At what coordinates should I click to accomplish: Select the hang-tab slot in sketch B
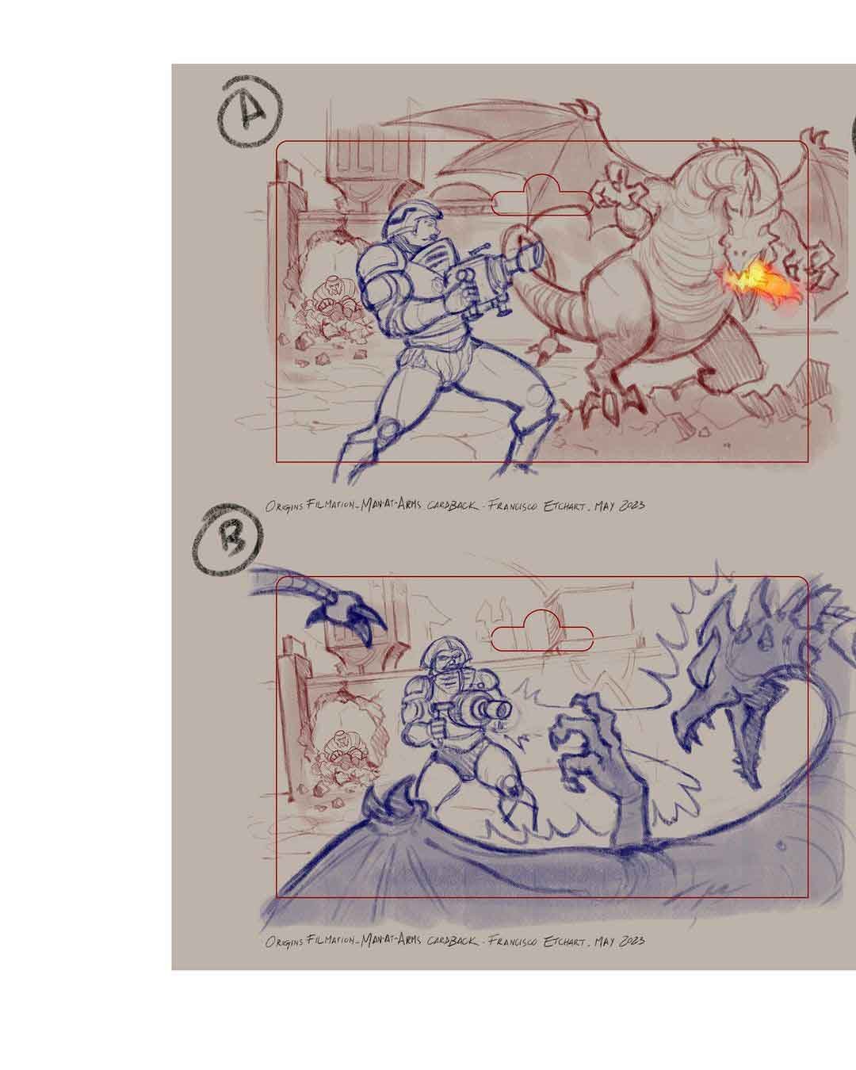[x=543, y=634]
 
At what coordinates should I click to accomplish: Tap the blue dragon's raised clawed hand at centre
[x=590, y=737]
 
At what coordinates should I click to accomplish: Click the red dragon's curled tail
[x=555, y=305]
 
